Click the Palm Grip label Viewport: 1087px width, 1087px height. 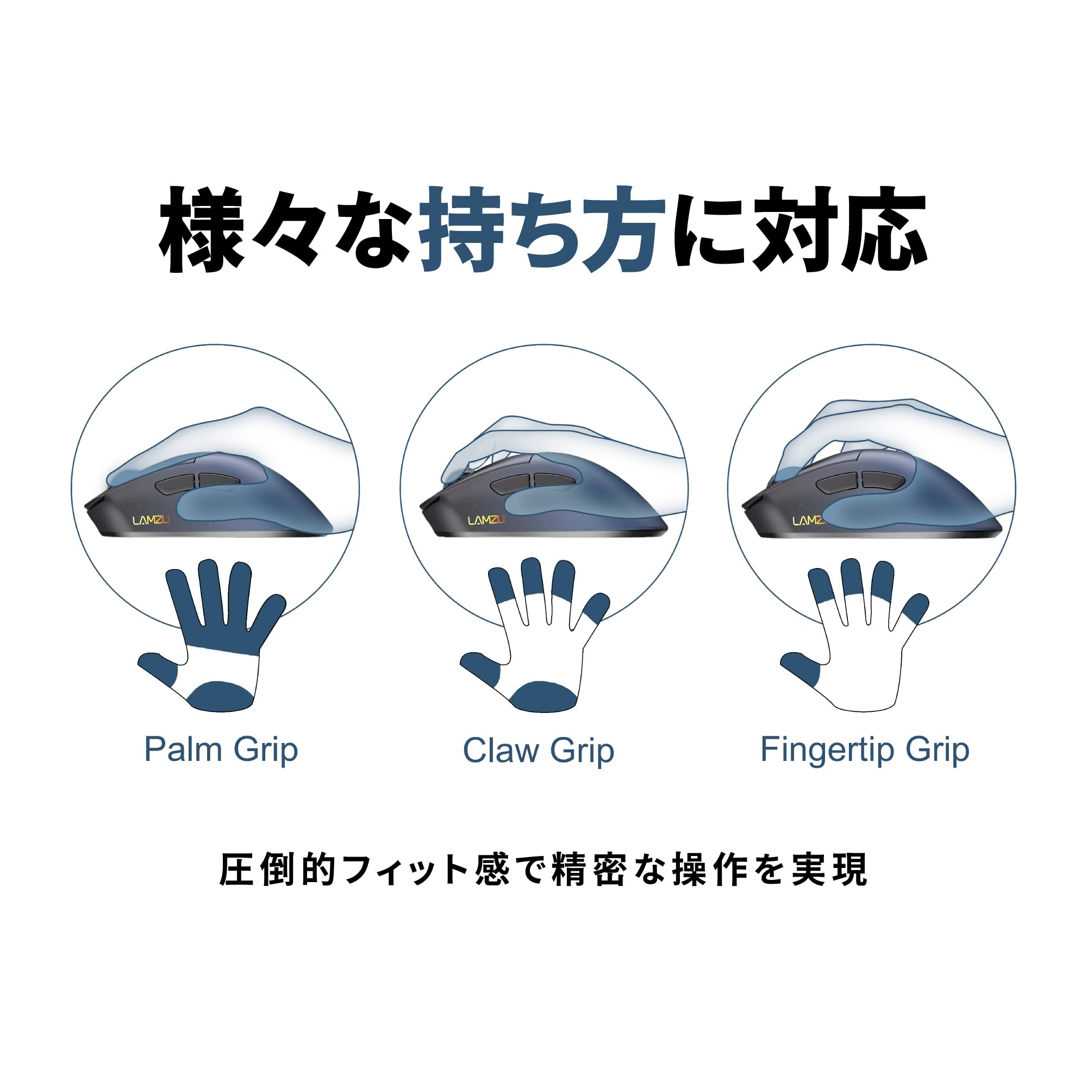pos(221,749)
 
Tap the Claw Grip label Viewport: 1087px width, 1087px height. pos(538,751)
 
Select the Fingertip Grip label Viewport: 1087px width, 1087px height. pos(865,749)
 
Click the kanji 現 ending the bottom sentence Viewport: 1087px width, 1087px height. pos(849,870)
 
